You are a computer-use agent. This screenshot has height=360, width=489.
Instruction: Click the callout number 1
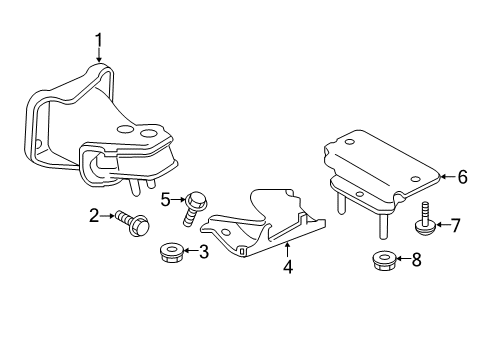(x=99, y=40)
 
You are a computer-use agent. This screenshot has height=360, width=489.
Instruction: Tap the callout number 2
(x=93, y=214)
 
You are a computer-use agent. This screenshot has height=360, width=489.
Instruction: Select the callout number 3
(x=203, y=253)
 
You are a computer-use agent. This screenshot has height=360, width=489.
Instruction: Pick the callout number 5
(x=166, y=199)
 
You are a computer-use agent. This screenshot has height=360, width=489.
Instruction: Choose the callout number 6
(x=462, y=178)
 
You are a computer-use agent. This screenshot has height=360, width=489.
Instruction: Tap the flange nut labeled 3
(x=171, y=253)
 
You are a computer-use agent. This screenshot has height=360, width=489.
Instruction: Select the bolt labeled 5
(x=193, y=207)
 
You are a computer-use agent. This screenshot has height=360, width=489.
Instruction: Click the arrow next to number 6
(x=446, y=179)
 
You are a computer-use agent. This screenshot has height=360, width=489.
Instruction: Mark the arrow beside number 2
(x=106, y=214)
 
